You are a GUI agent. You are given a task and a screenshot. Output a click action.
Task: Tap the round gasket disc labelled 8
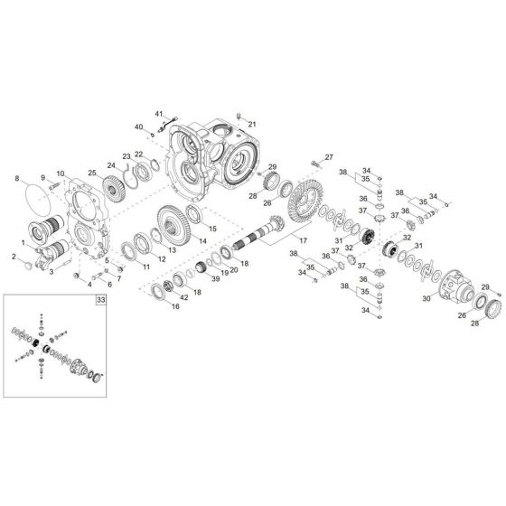[35, 199]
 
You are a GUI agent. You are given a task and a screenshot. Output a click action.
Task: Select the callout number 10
[61, 173]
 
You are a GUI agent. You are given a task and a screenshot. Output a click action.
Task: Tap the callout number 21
[252, 124]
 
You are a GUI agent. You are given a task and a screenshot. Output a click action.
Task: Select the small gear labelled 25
[113, 189]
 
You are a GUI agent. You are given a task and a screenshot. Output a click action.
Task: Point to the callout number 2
[15, 258]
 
